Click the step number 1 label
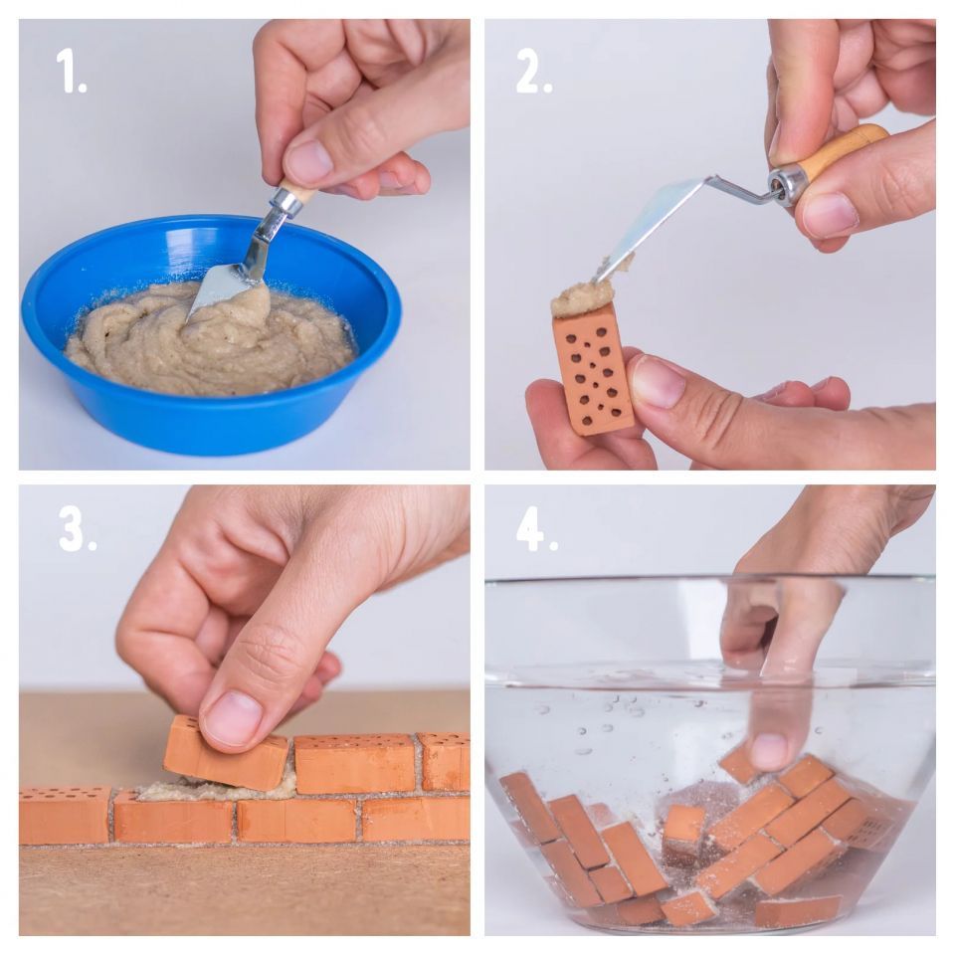tap(72, 71)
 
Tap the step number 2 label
tap(533, 71)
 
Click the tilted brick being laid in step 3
tap(226, 753)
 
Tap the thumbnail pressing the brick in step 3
tap(232, 717)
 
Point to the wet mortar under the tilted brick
tap(218, 789)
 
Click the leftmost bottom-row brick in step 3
tap(66, 816)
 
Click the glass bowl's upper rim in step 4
tap(709, 580)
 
